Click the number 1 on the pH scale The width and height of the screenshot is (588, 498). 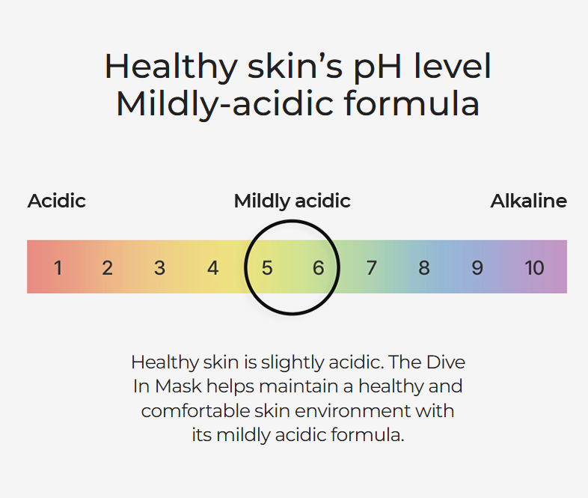coord(58,268)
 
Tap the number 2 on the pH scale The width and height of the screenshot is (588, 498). coord(107,268)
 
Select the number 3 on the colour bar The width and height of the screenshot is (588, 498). coord(160,268)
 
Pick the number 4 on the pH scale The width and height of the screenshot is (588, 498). coord(213,268)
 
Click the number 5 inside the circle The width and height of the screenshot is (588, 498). coord(267,268)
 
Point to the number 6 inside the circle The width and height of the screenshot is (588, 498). coord(319,268)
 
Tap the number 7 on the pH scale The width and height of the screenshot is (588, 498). coord(371,268)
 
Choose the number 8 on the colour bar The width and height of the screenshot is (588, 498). coord(424,268)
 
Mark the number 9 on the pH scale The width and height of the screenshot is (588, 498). coord(477,268)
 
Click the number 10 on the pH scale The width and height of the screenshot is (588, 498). coord(534,268)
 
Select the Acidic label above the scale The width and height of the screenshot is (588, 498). coord(57,201)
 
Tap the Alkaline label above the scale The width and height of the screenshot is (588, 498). coord(529,201)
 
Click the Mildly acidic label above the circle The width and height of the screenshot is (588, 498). coord(292,201)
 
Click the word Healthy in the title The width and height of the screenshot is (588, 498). coord(171,67)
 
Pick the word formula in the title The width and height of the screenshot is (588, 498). coord(411,103)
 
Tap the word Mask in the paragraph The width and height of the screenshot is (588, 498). coord(179,386)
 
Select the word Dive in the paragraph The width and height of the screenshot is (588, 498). coord(446,362)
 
